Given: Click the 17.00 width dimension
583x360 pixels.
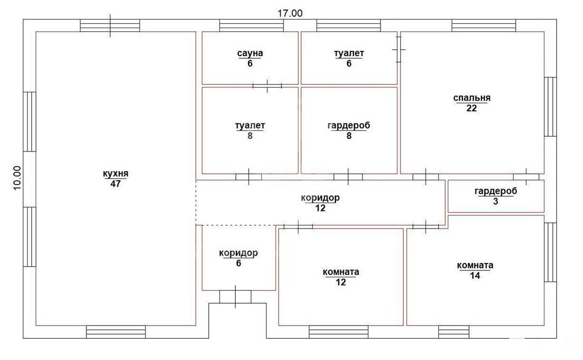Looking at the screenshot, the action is click(x=290, y=13).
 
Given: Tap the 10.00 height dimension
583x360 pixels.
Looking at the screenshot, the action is click(x=17, y=178).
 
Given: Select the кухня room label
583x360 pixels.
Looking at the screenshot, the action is click(x=116, y=174).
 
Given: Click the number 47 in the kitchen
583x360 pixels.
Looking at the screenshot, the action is click(x=116, y=184).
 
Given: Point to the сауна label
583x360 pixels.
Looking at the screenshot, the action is click(x=250, y=53).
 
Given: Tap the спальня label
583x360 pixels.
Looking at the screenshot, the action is click(x=472, y=98).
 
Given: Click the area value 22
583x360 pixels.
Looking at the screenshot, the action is click(x=472, y=108).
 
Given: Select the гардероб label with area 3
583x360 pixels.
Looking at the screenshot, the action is click(x=496, y=191).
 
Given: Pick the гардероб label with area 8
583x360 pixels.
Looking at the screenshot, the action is click(x=349, y=125).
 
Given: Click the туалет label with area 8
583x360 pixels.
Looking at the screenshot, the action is click(x=250, y=125).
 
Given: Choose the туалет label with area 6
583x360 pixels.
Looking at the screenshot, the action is click(x=349, y=53).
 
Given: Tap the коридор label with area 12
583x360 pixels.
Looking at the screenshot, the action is click(x=320, y=197).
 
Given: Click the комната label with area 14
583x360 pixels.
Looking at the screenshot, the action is click(x=475, y=265).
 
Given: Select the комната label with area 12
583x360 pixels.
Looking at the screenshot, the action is click(x=341, y=272).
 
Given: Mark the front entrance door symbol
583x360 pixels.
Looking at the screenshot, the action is click(x=235, y=297).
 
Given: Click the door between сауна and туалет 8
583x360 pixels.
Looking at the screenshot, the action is click(x=267, y=86).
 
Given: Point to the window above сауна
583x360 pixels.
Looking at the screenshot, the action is click(x=251, y=25).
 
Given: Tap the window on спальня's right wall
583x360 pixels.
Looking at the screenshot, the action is click(x=551, y=107).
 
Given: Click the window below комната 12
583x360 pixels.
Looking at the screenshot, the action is click(x=339, y=332).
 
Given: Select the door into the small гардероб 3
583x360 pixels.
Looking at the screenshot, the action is click(x=526, y=177).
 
